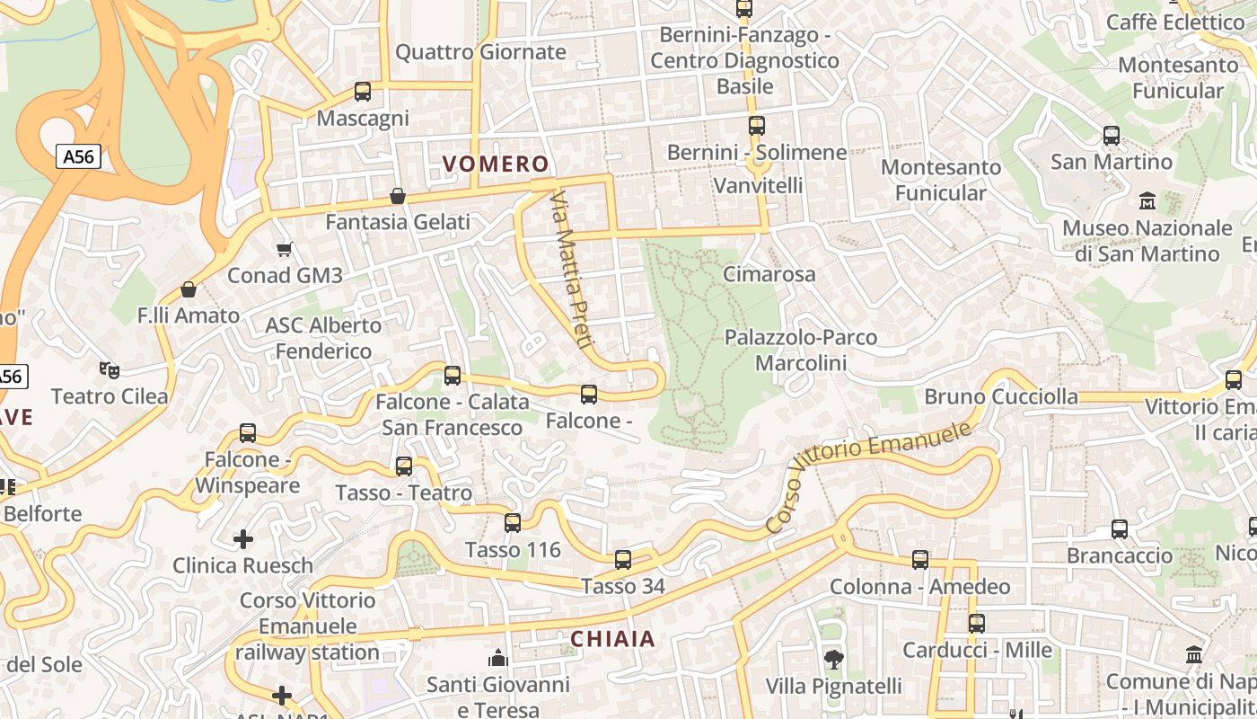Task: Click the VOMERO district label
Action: (x=495, y=164)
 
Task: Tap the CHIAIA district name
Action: (x=612, y=639)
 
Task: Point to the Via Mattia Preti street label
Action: (x=570, y=269)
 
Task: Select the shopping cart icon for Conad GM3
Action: (x=285, y=249)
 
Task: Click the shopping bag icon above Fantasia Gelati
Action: (x=398, y=196)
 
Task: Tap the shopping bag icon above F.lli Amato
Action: (x=189, y=289)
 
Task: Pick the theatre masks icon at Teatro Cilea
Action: (x=110, y=369)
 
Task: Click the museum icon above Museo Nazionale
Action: (x=1147, y=200)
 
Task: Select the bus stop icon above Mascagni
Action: (x=363, y=92)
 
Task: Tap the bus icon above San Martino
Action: (x=1112, y=136)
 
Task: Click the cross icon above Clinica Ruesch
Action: (x=243, y=539)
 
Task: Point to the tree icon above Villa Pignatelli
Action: (x=834, y=660)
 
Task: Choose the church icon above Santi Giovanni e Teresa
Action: (x=498, y=659)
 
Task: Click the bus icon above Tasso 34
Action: (x=623, y=560)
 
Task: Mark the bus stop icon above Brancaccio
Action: (x=1120, y=529)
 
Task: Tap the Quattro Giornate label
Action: (x=480, y=52)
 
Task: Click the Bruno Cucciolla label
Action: (x=1001, y=396)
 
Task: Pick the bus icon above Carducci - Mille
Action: (x=977, y=623)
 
